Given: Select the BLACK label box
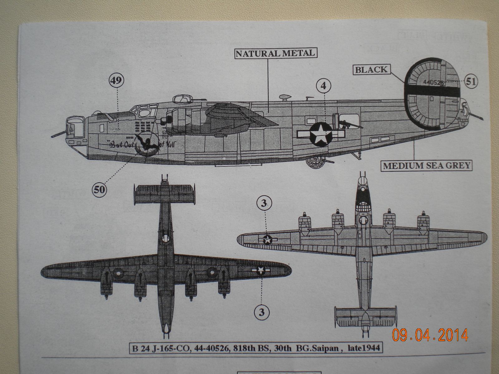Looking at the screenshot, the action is point(371,70).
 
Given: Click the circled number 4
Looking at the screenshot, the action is point(323,85).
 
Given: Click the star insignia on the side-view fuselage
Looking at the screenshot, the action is point(321,134).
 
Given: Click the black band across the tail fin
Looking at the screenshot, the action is point(432,91).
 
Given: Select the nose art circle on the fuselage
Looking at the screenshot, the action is point(145,144).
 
